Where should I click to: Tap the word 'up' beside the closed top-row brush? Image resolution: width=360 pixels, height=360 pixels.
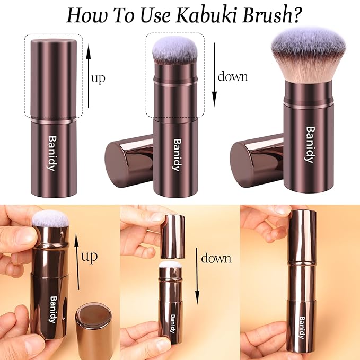coord(99,79)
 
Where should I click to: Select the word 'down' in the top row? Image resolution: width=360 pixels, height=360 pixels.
coord(233,76)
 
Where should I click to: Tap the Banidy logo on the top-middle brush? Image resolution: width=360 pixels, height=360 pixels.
coord(177,154)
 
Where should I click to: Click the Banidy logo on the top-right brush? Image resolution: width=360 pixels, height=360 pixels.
coord(310,144)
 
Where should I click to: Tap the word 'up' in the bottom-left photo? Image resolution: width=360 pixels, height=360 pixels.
coord(90,258)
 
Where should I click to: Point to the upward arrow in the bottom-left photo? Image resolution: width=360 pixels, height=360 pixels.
coord(77,262)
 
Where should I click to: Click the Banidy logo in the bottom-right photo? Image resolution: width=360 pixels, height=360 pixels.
coord(301,328)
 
